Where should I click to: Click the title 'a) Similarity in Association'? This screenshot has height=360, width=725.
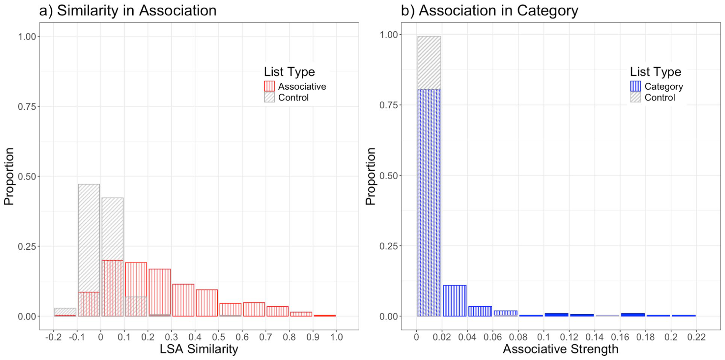pos(128,10)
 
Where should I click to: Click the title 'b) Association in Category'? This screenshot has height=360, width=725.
pos(489,10)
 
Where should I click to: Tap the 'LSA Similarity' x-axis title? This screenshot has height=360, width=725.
pos(199,349)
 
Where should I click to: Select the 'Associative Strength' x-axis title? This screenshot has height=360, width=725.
pos(561,349)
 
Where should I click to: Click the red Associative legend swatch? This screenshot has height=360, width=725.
pos(269,86)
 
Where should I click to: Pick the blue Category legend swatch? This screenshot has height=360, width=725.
pos(636,86)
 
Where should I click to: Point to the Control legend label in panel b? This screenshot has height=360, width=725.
pos(660,97)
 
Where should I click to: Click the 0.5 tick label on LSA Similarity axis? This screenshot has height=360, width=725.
pos(218,337)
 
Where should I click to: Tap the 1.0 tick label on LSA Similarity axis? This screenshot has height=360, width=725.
pos(336,337)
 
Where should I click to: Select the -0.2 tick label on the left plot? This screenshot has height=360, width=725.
pos(54,337)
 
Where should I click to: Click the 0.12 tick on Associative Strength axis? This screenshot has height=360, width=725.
pos(569,337)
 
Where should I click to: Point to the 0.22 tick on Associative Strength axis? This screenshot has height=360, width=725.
pos(696,337)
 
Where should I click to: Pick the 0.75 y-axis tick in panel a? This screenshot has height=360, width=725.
pos(27,106)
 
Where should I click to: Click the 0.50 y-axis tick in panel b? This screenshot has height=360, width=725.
pos(389,175)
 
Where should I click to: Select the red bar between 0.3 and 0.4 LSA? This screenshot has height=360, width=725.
pos(183,300)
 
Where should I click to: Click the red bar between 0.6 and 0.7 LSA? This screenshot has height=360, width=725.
pos(254,310)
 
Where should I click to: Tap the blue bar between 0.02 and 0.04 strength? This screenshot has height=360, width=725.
pos(455,301)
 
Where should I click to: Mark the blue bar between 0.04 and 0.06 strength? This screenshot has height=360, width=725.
pos(480,311)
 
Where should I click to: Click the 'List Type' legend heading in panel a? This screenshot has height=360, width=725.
pos(289,71)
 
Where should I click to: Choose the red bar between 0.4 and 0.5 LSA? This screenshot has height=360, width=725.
pos(207,303)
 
